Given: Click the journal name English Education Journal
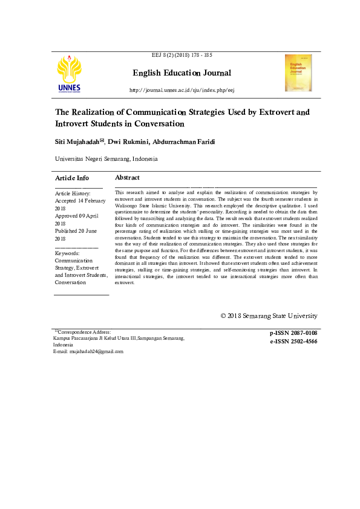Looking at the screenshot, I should click(182, 73).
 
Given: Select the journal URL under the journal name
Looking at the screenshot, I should click(182, 90).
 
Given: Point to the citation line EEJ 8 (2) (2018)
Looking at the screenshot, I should click(182, 55).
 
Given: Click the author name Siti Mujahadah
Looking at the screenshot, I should click(77, 141).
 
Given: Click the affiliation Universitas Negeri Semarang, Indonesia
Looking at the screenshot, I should click(106, 159).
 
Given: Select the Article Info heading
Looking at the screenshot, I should click(72, 178).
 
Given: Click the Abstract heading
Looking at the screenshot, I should click(127, 178).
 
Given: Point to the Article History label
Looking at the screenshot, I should click(73, 193).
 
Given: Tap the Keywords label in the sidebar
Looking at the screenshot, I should click(67, 253).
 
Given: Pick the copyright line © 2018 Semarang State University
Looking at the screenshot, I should click(269, 316).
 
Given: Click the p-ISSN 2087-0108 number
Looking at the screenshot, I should click(293, 333).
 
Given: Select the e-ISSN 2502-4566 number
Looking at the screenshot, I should click(293, 342).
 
